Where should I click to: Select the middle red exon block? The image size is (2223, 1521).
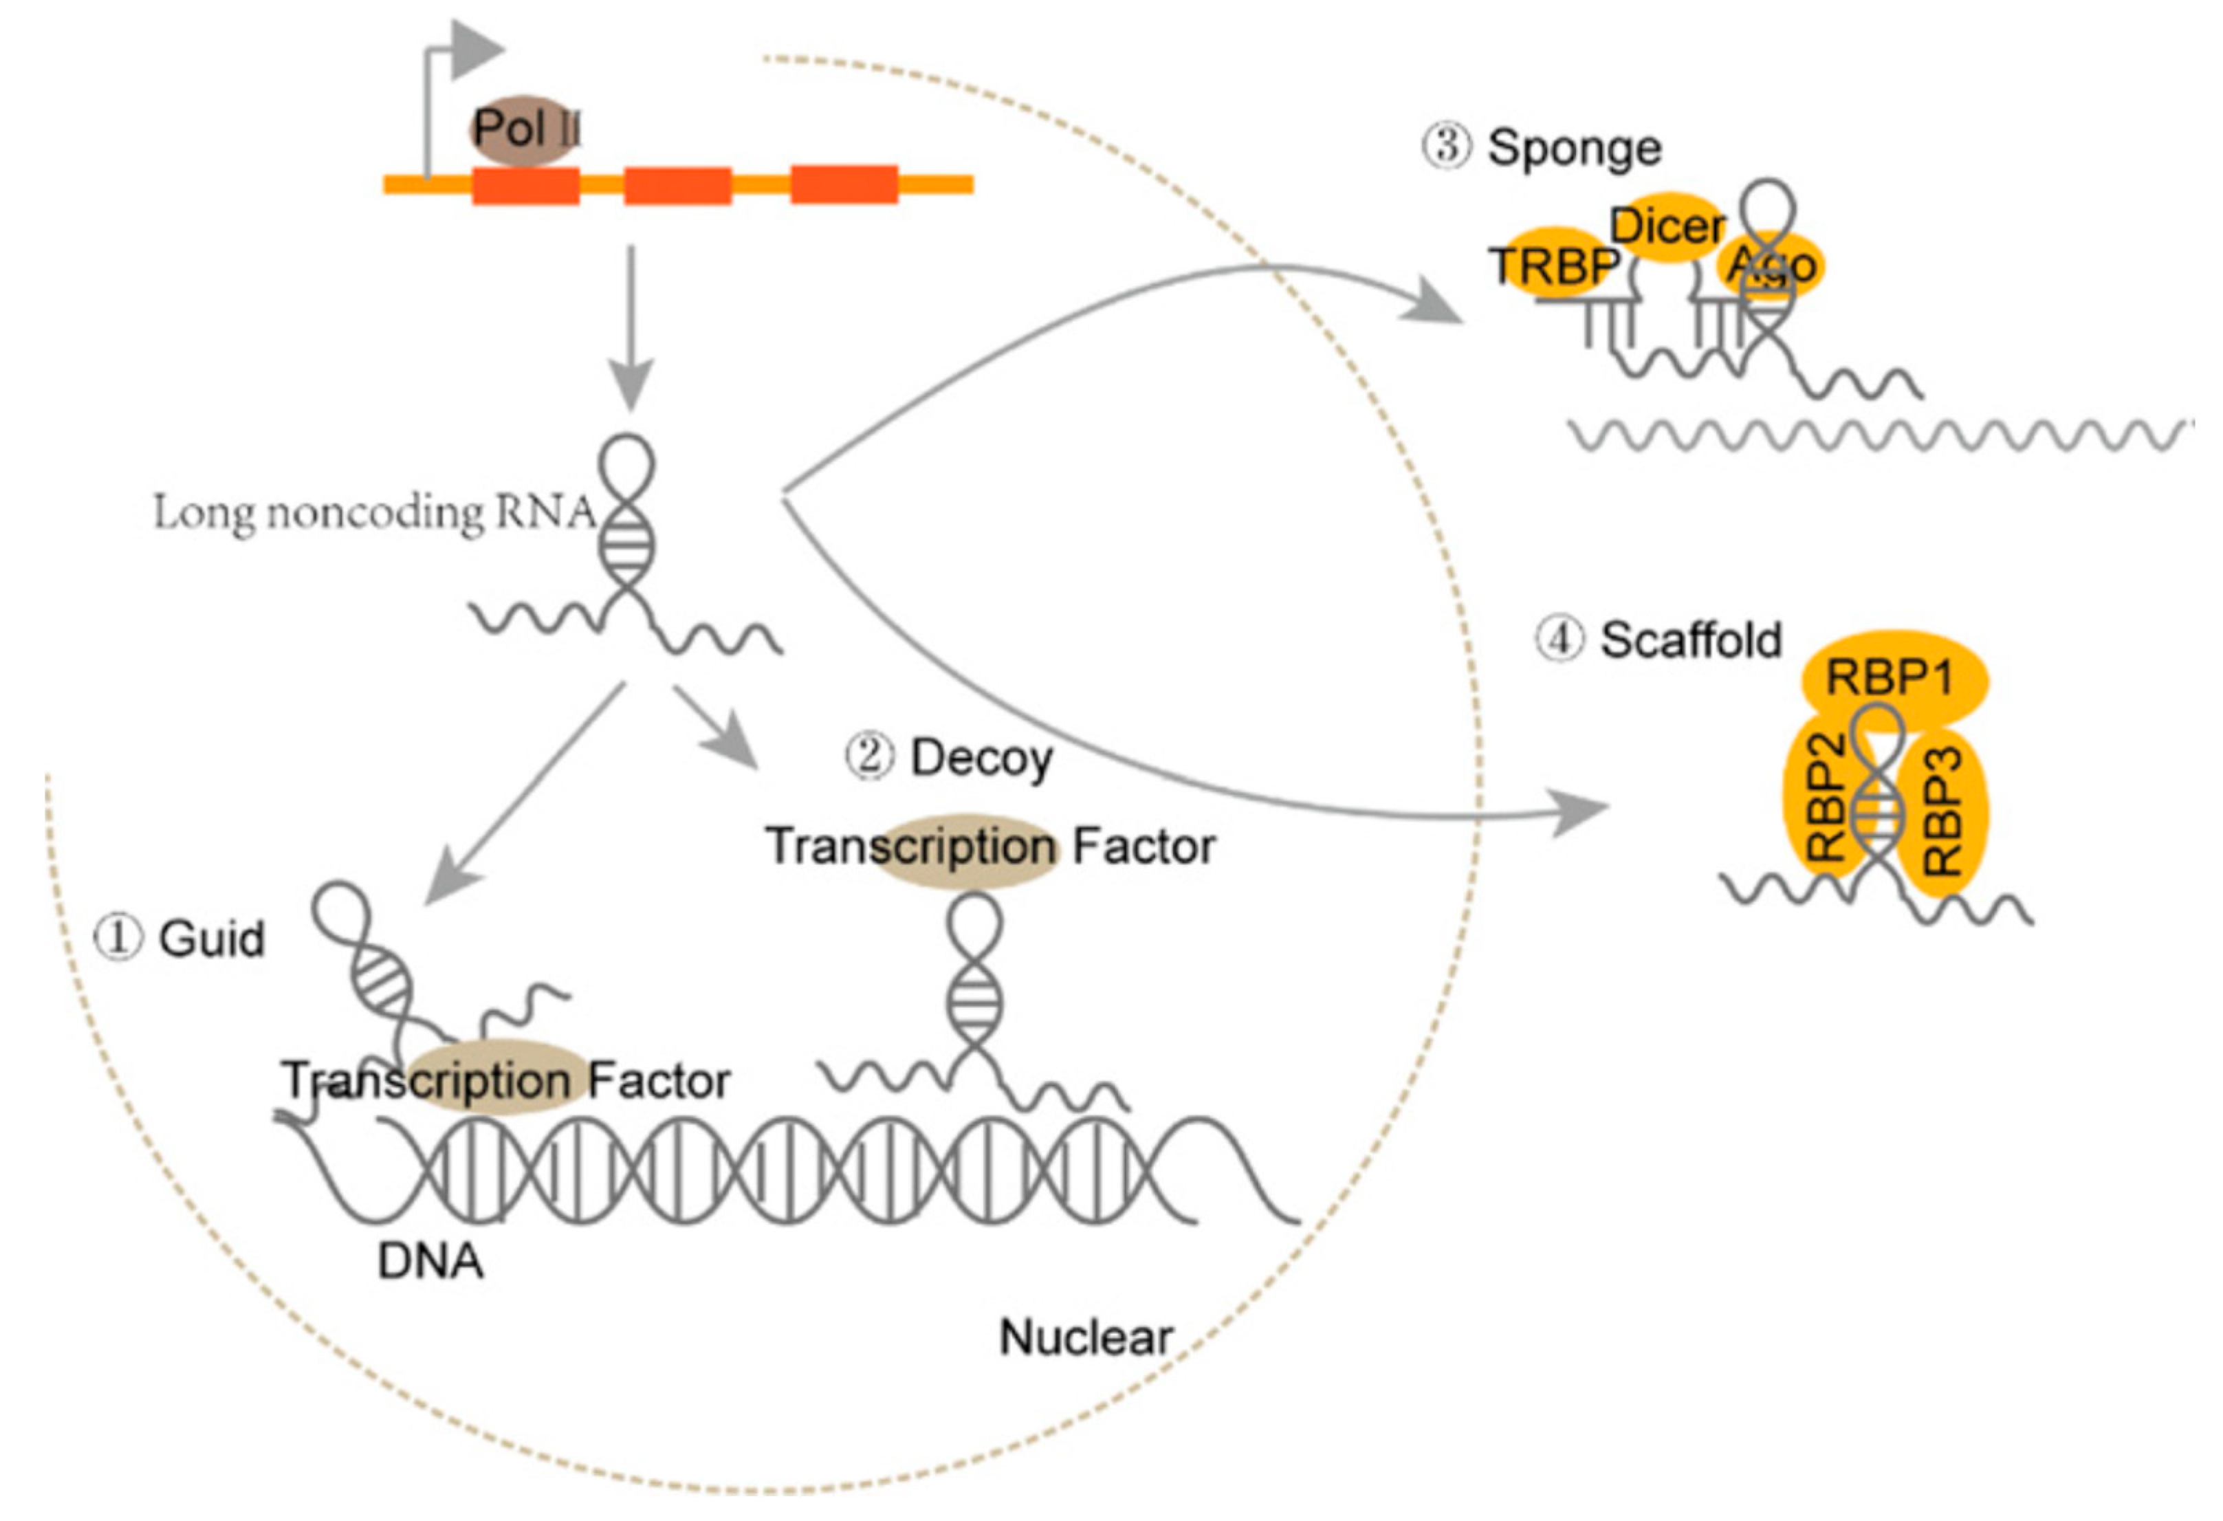click(677, 186)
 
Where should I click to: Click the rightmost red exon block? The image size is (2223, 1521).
click(844, 185)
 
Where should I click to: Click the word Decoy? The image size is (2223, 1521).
click(981, 758)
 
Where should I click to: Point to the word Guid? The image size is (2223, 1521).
click(211, 939)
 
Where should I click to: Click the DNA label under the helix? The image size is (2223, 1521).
click(430, 1262)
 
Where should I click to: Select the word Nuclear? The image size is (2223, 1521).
click(1086, 1337)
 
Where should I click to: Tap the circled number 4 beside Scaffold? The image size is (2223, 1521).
click(1559, 639)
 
